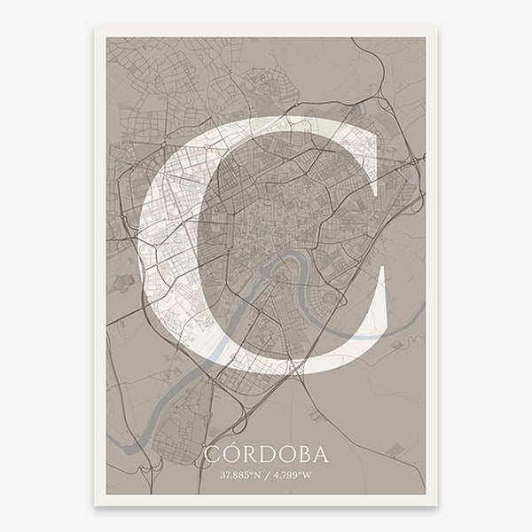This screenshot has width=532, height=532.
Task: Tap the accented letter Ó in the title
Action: point(229,455)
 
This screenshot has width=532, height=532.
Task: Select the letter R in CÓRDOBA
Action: point(247,455)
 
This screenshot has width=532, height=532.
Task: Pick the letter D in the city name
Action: point(265,455)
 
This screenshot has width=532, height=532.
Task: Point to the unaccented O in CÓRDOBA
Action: point(284,455)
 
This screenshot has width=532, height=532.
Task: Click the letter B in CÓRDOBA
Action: point(302,455)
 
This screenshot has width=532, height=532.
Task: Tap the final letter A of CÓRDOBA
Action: point(319,455)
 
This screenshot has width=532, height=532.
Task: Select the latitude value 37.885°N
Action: point(240,474)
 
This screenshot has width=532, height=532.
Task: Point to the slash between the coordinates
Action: point(266,474)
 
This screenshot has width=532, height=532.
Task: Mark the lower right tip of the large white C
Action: point(383,270)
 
